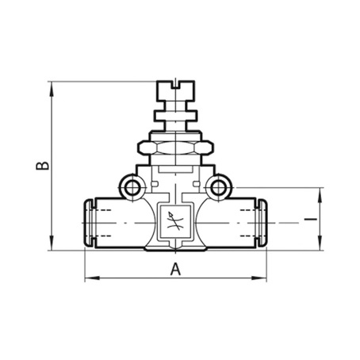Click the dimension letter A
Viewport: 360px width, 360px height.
click(175, 270)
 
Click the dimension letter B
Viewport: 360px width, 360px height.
click(42, 165)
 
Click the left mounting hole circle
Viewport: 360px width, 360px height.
click(132, 188)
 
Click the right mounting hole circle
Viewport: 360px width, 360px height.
click(218, 188)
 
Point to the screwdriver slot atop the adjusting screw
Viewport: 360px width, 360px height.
click(176, 85)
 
